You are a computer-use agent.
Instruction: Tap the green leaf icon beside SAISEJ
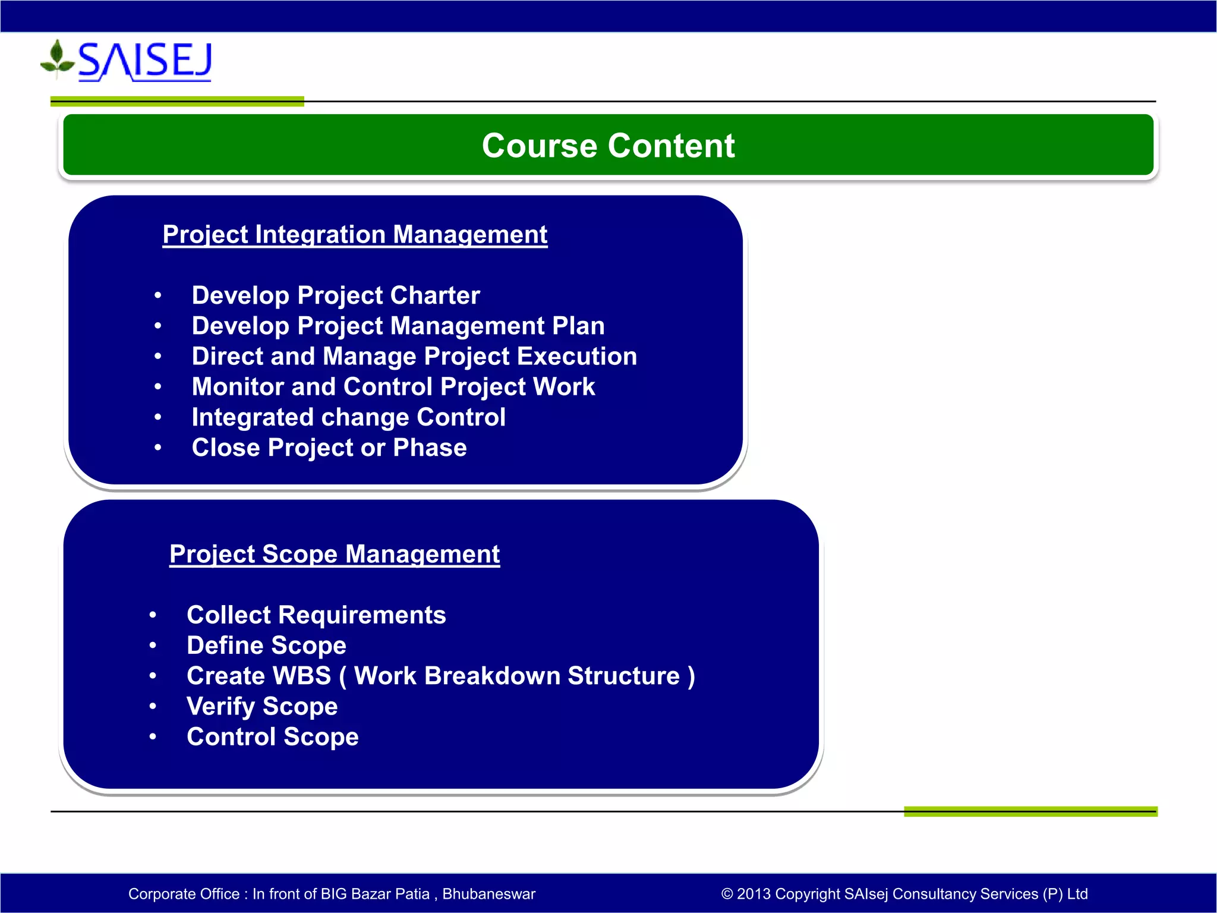coord(57,59)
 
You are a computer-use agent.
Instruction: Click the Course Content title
coord(608,146)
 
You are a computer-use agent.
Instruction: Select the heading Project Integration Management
coord(355,234)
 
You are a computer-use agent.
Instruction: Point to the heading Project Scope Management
coord(335,554)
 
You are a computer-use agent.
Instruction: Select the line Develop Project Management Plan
coord(398,326)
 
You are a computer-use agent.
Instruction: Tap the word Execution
coord(576,356)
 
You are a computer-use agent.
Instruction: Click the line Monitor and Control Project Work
coord(393,386)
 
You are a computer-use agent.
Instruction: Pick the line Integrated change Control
coord(348,417)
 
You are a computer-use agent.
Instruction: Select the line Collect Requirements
coord(316,615)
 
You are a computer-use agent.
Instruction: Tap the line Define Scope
coord(266,646)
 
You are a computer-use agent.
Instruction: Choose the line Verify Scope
coord(262,706)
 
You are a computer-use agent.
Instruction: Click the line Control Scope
coord(272,737)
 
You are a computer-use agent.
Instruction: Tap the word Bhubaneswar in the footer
coord(488,894)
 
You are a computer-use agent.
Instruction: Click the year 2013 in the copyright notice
coord(753,894)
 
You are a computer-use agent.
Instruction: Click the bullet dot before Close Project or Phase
coord(157,448)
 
